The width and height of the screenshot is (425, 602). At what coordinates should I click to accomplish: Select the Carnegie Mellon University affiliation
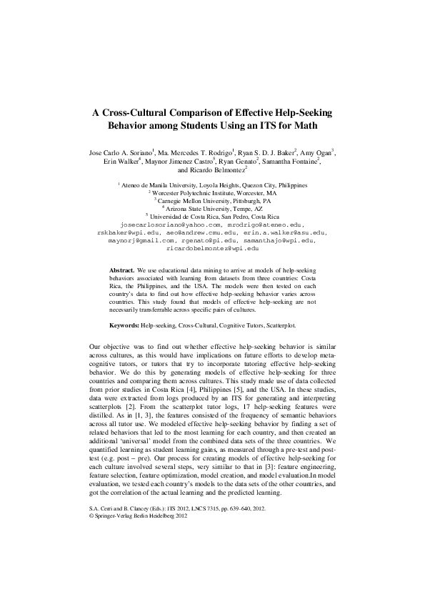point(214,201)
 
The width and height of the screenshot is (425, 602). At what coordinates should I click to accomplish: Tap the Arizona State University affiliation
point(215,208)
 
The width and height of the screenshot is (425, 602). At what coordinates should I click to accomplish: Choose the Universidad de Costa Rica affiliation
point(214,216)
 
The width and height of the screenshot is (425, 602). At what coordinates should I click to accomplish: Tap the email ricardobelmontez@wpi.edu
point(212,249)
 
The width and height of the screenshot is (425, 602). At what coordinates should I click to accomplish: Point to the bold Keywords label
point(124,324)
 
